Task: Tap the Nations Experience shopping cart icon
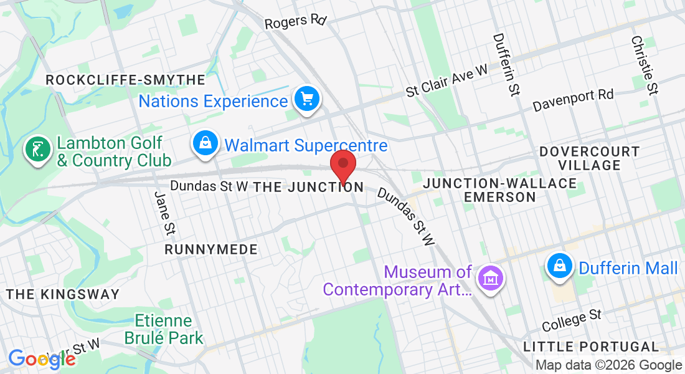(x=306, y=99)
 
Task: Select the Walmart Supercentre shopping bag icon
(x=205, y=144)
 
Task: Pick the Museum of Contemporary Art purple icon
(x=490, y=277)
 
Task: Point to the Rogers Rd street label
(x=295, y=22)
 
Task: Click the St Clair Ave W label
(x=446, y=82)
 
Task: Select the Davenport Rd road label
(x=573, y=100)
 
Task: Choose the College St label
(x=571, y=320)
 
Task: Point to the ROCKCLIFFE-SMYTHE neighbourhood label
(x=125, y=80)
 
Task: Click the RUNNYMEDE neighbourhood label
(x=211, y=249)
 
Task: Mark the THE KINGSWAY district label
(x=62, y=294)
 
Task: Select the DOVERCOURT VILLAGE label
(x=589, y=158)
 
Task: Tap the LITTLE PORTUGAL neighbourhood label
(x=591, y=347)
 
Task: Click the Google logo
(x=42, y=359)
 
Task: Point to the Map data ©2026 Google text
(x=608, y=365)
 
